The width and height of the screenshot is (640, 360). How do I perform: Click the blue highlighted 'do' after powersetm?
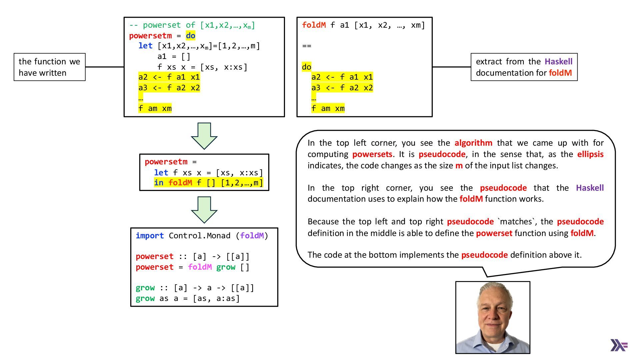190,35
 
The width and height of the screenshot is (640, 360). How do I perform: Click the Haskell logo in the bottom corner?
619,345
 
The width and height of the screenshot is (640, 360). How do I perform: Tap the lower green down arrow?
204,209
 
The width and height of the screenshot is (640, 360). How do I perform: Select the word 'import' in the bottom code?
150,236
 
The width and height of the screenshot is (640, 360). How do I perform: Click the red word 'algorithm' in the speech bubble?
473,143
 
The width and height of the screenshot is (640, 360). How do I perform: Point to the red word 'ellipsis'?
590,154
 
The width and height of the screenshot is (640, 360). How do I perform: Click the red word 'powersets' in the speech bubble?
372,154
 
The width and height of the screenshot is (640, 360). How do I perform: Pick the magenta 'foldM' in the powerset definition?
200,267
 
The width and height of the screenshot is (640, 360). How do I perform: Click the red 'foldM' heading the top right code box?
314,25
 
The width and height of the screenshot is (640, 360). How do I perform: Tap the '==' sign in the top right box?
307,46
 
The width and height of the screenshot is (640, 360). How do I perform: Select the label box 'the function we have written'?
49,67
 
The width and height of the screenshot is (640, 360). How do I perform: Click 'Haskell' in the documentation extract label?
558,62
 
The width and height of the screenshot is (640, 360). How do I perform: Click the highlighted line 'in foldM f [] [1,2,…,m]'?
208,183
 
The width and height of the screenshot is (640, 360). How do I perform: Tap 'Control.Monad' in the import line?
199,236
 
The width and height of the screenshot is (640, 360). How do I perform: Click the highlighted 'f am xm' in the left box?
155,108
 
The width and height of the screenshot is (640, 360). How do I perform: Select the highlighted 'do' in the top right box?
306,67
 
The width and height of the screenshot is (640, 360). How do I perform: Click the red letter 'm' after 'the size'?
459,166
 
